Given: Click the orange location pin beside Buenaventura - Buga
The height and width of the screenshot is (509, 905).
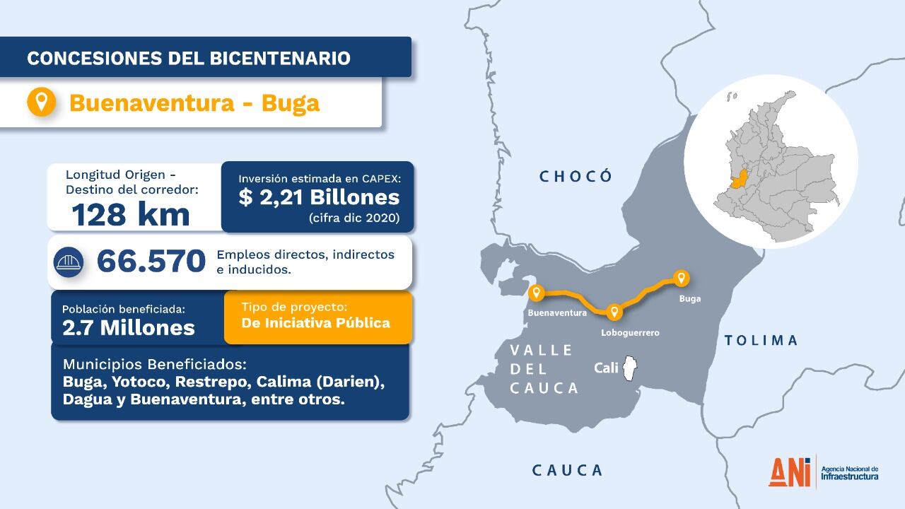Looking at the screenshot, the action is click(42, 102).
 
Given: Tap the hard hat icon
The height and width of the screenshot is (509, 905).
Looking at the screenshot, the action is click(69, 262).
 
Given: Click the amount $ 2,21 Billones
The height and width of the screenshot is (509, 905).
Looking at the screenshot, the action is click(319, 197).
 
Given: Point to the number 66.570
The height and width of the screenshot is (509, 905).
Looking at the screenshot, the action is click(151, 261).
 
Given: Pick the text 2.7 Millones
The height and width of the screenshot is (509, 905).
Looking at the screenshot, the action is click(129, 327).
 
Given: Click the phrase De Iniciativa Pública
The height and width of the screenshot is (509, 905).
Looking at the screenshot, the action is click(315, 323).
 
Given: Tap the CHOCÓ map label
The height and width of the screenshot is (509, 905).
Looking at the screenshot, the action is click(576, 176).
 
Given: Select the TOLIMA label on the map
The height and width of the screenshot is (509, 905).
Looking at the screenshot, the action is click(761, 341).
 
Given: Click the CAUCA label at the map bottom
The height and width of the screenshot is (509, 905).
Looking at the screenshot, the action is click(567, 470).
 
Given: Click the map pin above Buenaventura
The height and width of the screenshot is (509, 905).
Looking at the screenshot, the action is click(537, 292).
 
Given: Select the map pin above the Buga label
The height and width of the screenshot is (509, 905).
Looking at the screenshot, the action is click(681, 277).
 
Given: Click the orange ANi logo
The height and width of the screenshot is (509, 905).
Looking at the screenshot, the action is click(790, 472).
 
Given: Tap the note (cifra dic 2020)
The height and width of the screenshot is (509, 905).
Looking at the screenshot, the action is click(354, 218).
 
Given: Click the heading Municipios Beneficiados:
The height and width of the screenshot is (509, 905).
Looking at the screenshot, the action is click(154, 365).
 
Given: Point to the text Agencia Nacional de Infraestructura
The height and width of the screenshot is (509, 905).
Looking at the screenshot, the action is click(850, 473).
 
